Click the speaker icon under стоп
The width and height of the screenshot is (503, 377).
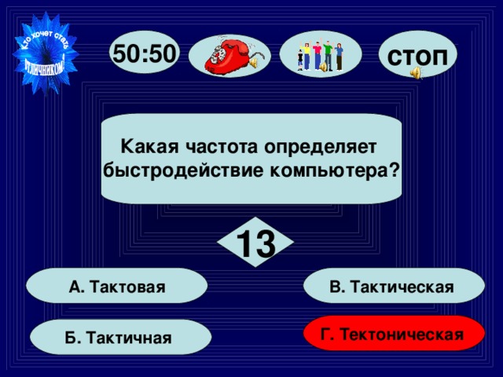tap(415, 73)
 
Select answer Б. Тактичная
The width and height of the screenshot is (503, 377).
tap(120, 338)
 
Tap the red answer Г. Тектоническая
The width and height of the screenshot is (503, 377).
tap(391, 335)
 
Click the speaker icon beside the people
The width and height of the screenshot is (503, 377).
tap(321, 68)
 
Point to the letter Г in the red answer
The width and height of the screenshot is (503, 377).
tap(325, 335)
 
